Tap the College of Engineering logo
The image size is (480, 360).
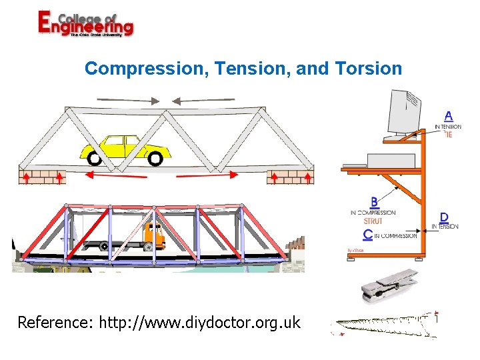pyautogui.click(x=85, y=25)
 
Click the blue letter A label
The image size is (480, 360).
pyautogui.click(x=448, y=116)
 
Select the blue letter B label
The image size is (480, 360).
pyautogui.click(x=375, y=201)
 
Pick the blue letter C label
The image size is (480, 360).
pyautogui.click(x=368, y=234)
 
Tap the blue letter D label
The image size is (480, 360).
pyautogui.click(x=444, y=218)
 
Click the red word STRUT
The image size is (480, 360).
pyautogui.click(x=373, y=221)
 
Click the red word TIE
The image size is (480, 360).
pyautogui.click(x=448, y=134)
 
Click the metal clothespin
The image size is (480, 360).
pyautogui.click(x=389, y=285)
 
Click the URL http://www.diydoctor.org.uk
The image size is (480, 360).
pyautogui.click(x=200, y=323)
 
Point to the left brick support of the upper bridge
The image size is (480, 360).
pyautogui.click(x=41, y=177)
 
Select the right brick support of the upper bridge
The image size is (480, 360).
pyautogui.click(x=289, y=177)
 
